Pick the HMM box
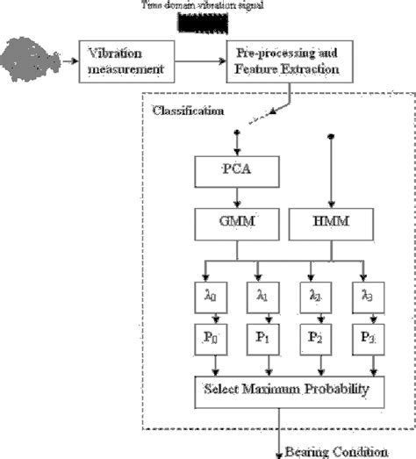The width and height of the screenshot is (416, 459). tap(332, 225)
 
